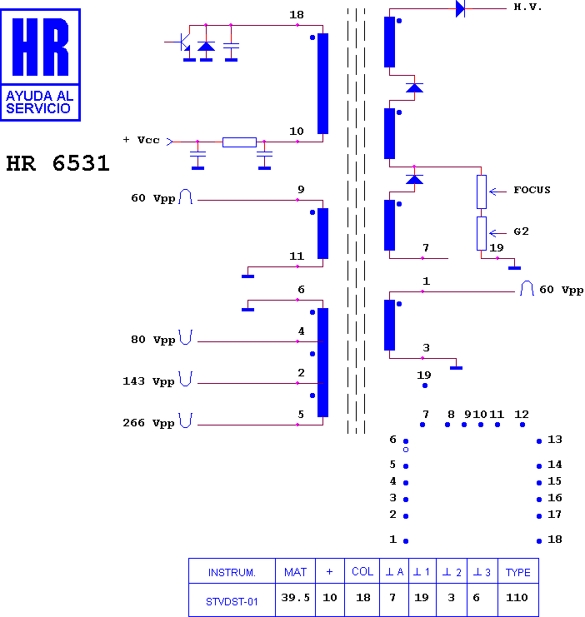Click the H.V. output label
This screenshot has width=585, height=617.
(x=527, y=7)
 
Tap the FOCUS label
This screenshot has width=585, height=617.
(x=532, y=190)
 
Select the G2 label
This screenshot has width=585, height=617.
(x=521, y=231)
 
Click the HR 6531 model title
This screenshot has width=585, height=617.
(x=57, y=163)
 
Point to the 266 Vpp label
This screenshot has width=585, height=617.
(x=148, y=423)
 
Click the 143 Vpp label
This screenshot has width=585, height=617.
(x=148, y=381)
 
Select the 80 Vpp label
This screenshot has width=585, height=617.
(x=152, y=340)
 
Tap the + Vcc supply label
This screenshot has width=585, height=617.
(x=141, y=140)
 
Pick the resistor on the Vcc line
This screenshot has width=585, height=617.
(x=239, y=142)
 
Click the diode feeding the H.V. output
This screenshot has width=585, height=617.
(x=460, y=8)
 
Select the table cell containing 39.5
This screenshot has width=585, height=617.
(x=296, y=599)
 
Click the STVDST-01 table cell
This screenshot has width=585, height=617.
(x=232, y=600)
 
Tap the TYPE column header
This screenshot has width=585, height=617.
(x=518, y=572)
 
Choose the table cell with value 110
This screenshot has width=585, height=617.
(x=517, y=599)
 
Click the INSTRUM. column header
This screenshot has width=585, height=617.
(x=232, y=572)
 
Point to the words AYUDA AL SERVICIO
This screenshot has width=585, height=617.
(x=39, y=102)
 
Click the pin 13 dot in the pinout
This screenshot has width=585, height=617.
(x=539, y=441)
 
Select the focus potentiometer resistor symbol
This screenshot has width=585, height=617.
(x=482, y=192)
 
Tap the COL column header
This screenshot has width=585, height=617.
(x=362, y=572)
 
